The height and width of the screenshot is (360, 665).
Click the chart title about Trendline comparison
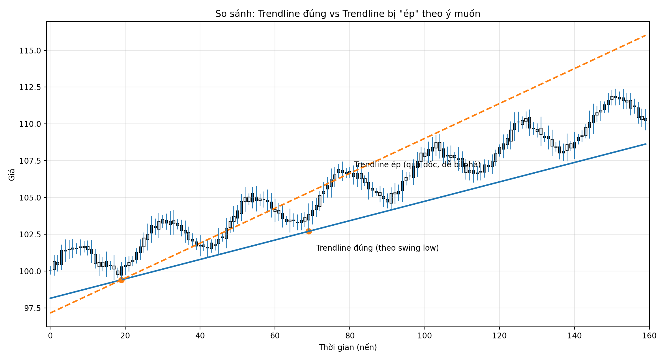pos(348,14)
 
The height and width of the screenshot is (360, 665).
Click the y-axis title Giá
pos(12,174)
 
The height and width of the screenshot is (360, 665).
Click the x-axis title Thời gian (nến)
pos(348,347)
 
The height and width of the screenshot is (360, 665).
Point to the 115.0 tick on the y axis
pos(30,51)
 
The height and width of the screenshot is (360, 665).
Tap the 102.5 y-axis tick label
pos(30,235)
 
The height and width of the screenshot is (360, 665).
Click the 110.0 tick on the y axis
pos(30,124)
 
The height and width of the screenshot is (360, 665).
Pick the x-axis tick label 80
pos(350,336)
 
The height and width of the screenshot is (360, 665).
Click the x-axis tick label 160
pos(649,336)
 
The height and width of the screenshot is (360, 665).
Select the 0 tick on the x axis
pos(50,336)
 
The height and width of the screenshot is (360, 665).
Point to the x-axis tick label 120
pos(499,336)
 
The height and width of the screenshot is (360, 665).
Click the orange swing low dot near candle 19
pos(121,280)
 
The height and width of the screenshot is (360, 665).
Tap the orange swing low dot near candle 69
pos(309,231)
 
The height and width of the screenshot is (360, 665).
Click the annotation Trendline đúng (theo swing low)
pos(377,248)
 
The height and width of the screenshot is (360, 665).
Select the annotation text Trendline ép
pos(417,165)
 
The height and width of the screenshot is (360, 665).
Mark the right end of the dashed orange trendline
pos(646,35)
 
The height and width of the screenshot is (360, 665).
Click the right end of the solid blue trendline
pos(646,144)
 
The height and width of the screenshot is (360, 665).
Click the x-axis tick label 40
pos(200,336)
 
